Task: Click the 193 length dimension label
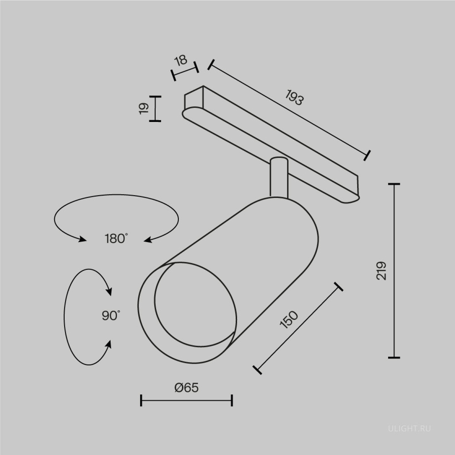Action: (x=294, y=97)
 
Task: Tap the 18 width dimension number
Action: (x=181, y=60)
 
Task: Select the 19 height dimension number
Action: (x=144, y=109)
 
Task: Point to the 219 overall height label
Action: (x=381, y=271)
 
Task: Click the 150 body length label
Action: (x=289, y=320)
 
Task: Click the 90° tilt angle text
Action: (x=111, y=316)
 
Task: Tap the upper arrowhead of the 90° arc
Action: (x=109, y=292)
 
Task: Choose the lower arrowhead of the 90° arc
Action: (x=109, y=344)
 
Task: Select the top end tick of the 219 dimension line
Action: (x=394, y=184)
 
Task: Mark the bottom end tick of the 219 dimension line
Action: (x=394, y=358)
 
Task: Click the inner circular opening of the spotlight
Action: (x=195, y=305)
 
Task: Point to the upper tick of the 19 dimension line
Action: (x=155, y=97)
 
